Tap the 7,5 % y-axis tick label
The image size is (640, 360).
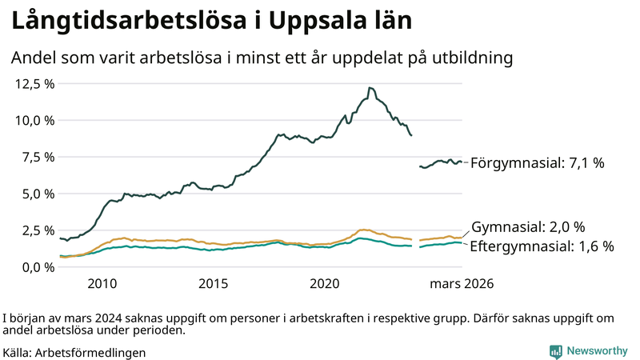click(35, 157)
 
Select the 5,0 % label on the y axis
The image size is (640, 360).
click(35, 194)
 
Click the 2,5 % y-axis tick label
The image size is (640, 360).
click(35, 230)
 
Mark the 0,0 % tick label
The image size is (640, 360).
click(35, 266)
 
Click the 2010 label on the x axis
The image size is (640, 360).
click(102, 284)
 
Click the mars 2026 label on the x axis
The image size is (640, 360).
click(462, 284)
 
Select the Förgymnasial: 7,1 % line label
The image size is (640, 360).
click(537, 163)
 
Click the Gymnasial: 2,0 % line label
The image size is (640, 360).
click(528, 227)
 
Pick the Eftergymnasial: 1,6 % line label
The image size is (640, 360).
click(542, 246)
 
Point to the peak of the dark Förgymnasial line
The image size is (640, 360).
click(370, 88)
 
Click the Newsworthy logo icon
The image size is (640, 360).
click(555, 351)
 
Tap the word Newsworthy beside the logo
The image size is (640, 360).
click(598, 351)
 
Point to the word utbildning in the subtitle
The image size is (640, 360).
click(472, 58)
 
